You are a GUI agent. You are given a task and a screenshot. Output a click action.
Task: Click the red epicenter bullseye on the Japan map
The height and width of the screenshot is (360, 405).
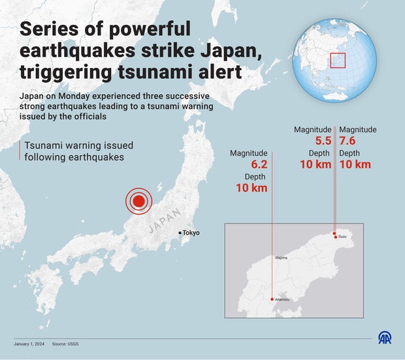(138, 201)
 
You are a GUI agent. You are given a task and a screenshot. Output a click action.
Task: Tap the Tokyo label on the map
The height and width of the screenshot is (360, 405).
(191, 233)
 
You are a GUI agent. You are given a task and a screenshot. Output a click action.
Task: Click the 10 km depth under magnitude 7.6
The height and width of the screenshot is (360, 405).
(355, 164)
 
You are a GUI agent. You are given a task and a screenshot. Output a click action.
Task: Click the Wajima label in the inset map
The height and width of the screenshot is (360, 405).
(281, 259)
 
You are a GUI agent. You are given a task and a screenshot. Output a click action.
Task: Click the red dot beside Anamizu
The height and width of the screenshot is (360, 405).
(272, 299)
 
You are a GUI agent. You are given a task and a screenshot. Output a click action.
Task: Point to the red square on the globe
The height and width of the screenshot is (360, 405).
(337, 61)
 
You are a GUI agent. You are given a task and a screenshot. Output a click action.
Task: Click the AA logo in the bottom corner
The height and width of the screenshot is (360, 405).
(386, 338)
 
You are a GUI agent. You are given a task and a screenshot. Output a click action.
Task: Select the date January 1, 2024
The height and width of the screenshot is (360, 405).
(29, 344)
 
